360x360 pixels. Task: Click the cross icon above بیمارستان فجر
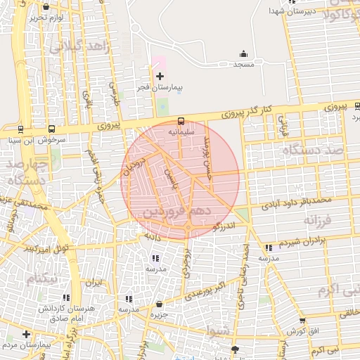coord(160,76)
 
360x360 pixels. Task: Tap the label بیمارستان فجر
coord(160,88)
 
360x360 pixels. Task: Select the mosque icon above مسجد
coord(243,53)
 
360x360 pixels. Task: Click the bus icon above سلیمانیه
coord(181,121)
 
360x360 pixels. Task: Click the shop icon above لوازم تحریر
coord(46,6)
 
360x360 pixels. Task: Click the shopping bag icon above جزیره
coord(160,304)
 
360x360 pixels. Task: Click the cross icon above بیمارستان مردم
coord(27,334)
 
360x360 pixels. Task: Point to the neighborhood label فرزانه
coord(316,221)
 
